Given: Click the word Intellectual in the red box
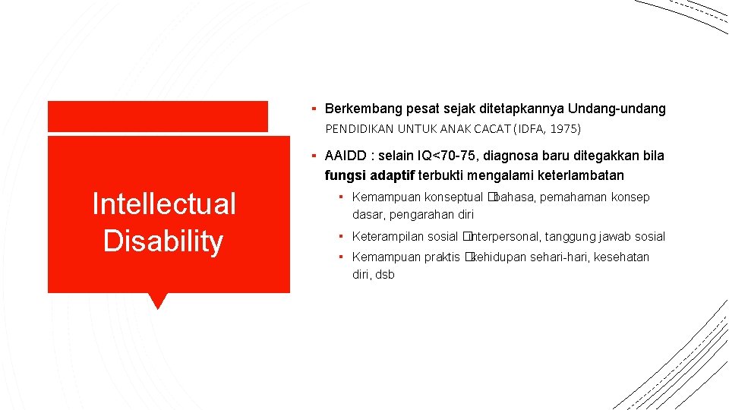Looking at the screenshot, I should click(163, 203).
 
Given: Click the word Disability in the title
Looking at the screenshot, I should click(163, 241).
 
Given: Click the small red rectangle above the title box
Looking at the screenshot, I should click(157, 116).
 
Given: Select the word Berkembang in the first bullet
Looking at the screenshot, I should click(360, 109).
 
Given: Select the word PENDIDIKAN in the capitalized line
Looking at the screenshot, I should click(358, 130).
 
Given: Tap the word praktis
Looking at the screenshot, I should click(442, 257).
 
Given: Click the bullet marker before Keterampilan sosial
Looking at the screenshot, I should click(342, 237).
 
